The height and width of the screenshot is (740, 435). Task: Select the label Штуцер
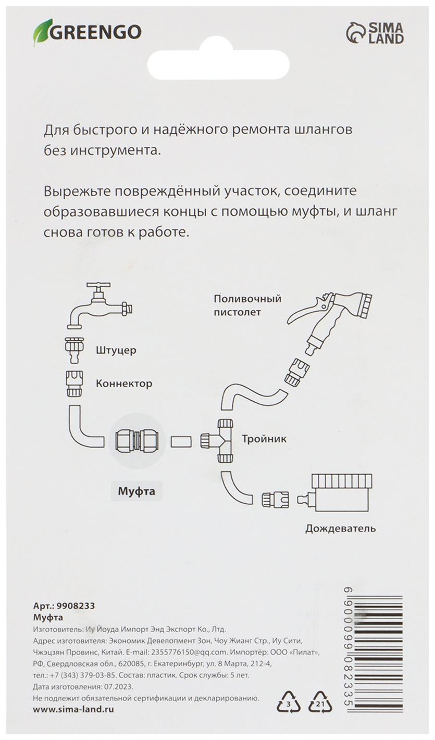pyautogui.click(x=116, y=350)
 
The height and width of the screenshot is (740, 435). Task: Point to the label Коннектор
pyautogui.click(x=124, y=384)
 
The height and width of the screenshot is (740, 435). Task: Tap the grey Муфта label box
pyautogui.click(x=136, y=491)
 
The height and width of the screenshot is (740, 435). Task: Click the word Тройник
pyautogui.click(x=264, y=439)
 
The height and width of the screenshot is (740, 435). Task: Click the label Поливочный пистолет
pyautogui.click(x=247, y=305)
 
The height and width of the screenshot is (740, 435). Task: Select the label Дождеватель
pyautogui.click(x=340, y=529)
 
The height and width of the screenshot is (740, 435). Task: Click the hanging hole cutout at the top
pyautogui.click(x=218, y=61)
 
